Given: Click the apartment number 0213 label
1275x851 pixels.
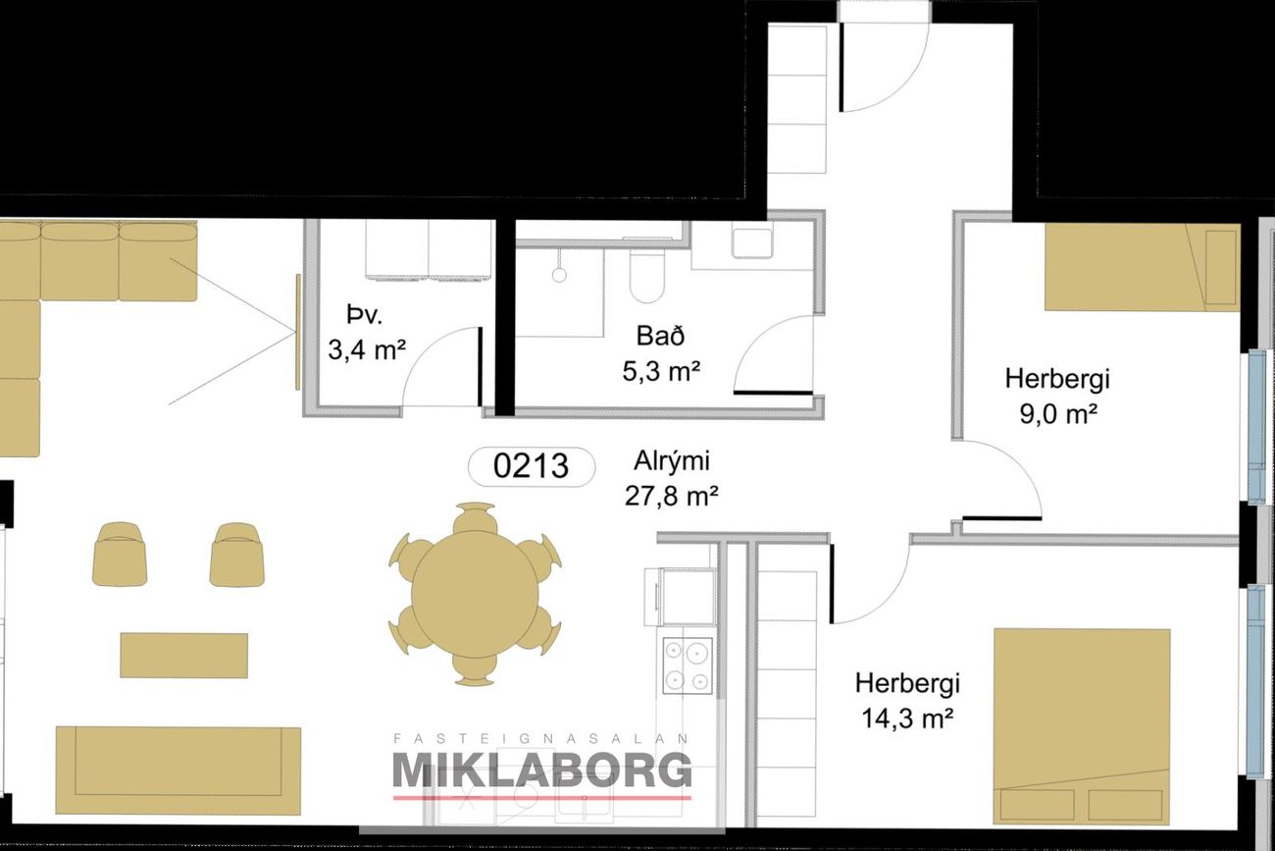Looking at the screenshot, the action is (x=531, y=466).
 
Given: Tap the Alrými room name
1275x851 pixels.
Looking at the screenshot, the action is (x=672, y=461).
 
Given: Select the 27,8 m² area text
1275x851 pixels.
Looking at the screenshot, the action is (x=671, y=496).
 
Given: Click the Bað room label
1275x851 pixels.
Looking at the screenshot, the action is (x=660, y=336).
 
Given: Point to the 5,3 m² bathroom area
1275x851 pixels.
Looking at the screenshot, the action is (x=661, y=371).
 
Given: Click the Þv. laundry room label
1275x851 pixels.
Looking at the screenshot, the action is (x=364, y=314).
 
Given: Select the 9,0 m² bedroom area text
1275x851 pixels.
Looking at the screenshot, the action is (x=1058, y=413).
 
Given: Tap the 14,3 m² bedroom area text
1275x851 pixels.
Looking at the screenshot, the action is (x=907, y=718).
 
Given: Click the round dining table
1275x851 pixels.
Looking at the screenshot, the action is (x=475, y=595).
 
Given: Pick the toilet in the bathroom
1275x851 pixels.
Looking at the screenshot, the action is (x=647, y=278).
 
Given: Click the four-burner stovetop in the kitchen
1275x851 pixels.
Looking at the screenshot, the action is (x=688, y=665).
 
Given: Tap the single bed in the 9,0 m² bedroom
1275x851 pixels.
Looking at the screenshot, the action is (x=1143, y=267).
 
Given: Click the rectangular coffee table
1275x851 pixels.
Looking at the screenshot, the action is (x=183, y=655).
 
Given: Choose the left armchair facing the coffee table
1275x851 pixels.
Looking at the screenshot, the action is (x=120, y=555).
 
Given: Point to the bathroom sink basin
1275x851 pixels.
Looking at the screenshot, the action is (x=752, y=243).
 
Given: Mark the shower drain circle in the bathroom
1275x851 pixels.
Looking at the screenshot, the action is (x=559, y=275).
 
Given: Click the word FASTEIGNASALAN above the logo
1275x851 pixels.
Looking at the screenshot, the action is (x=541, y=739).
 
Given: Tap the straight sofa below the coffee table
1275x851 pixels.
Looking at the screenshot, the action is (x=178, y=771).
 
